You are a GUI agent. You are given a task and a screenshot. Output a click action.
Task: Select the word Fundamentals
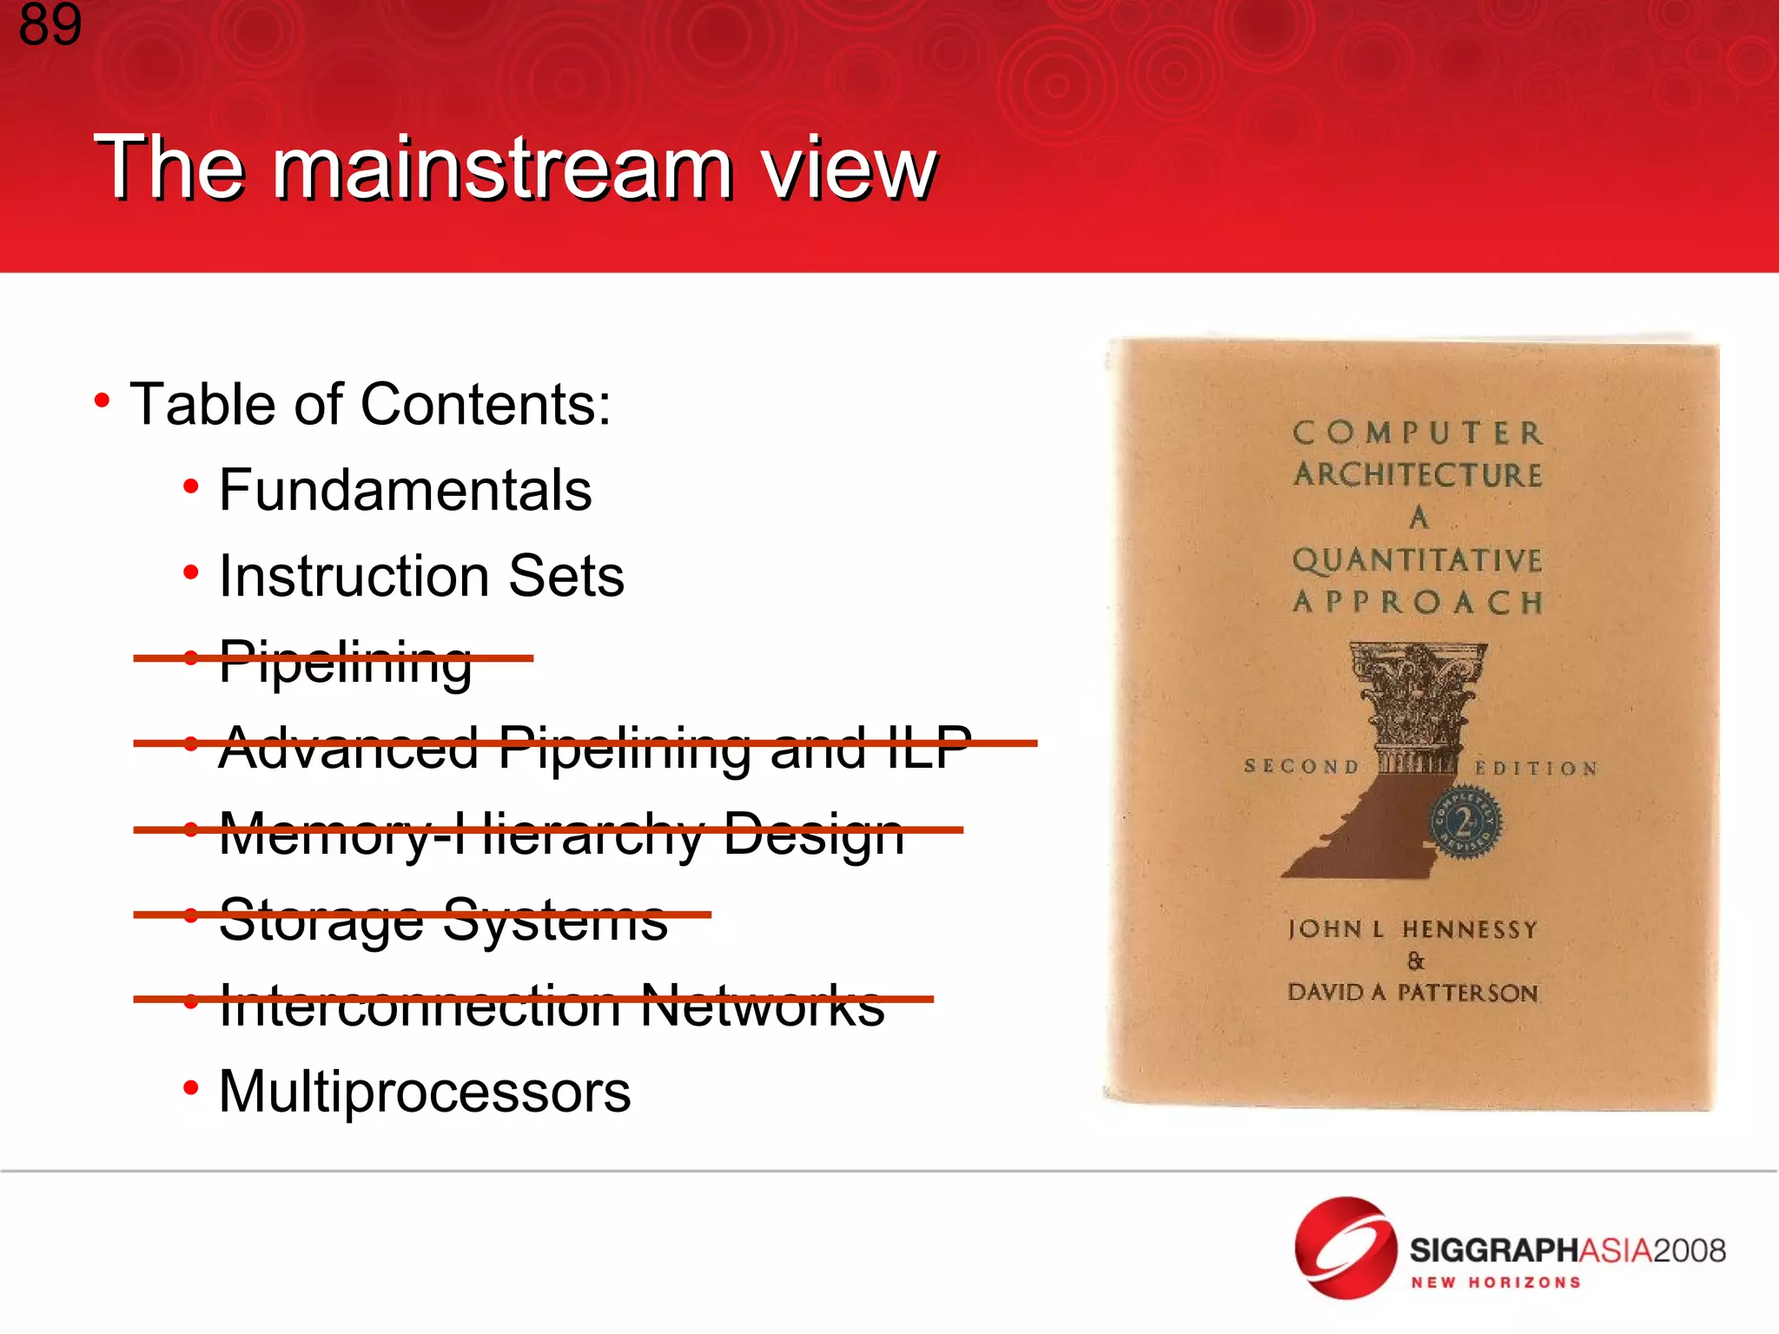click(405, 490)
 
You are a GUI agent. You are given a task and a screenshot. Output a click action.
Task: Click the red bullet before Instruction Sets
click(191, 573)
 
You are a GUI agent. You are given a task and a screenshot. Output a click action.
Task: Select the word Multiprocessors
click(424, 1092)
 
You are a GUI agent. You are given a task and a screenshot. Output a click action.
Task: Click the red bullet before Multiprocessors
click(191, 1088)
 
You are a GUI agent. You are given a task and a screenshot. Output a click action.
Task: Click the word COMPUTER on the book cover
click(1418, 433)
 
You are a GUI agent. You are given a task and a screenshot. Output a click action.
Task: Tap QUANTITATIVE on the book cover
click(1417, 560)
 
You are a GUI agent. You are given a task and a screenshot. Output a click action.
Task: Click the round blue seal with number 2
click(1466, 823)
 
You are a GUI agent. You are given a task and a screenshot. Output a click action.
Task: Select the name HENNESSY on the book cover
click(1470, 930)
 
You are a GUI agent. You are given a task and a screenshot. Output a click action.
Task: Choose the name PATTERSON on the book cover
click(1468, 993)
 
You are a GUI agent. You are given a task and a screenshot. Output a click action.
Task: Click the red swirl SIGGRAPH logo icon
click(1346, 1248)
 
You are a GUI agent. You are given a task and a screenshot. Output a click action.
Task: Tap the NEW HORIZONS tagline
click(1495, 1283)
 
